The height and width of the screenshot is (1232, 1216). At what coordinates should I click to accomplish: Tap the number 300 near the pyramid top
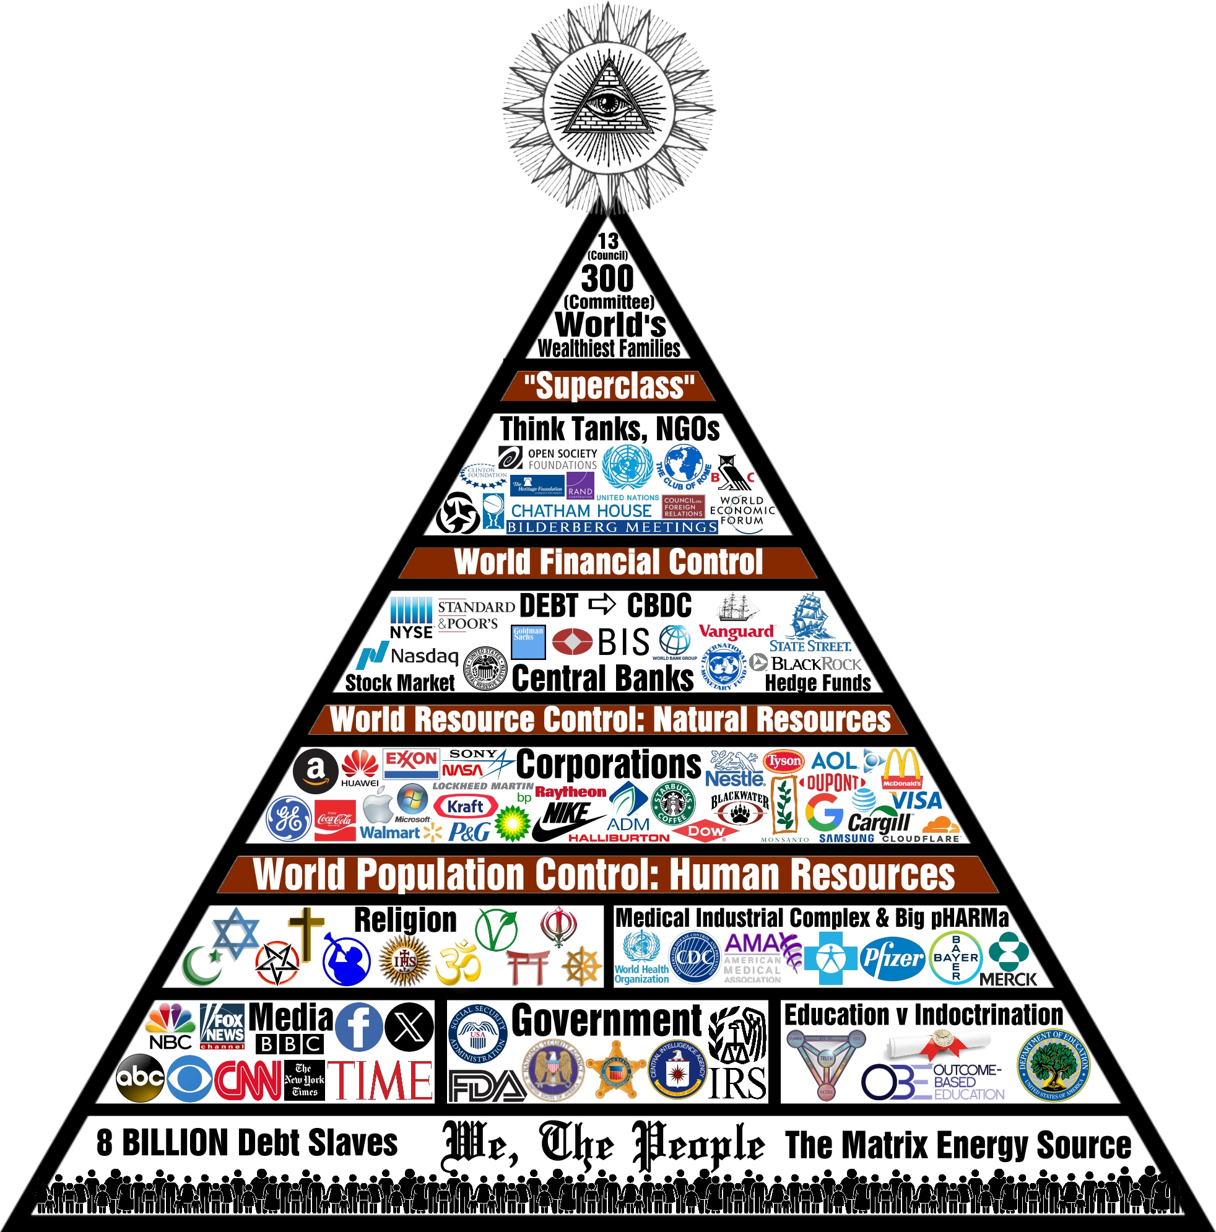tap(607, 279)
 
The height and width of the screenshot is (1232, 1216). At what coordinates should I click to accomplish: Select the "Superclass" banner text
tap(609, 386)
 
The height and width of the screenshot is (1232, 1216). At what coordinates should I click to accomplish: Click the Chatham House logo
tap(581, 511)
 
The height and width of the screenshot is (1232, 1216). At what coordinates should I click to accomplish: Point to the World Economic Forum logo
tap(742, 510)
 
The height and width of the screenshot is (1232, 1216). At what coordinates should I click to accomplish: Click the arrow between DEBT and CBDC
tap(602, 603)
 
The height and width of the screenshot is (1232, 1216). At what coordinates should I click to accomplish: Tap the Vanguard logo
tap(736, 631)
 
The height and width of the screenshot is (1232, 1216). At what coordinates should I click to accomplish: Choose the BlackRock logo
tap(815, 664)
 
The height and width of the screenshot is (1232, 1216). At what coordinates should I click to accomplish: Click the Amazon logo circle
tap(316, 771)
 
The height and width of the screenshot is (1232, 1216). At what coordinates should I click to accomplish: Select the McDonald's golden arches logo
tap(901, 768)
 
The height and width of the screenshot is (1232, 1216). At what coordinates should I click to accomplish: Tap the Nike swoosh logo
tap(567, 820)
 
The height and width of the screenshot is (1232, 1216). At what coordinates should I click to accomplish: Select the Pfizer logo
tap(892, 958)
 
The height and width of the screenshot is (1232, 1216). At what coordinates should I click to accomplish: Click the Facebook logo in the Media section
tap(358, 1026)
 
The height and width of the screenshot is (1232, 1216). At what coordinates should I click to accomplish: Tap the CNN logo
tap(248, 1080)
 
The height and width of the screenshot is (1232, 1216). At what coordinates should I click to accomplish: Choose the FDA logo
tap(487, 1086)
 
